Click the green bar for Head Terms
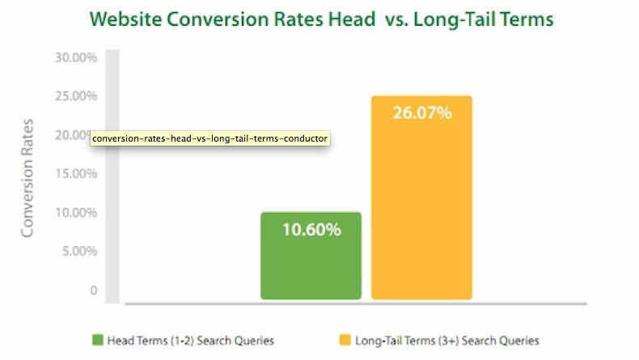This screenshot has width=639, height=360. [x=311, y=256]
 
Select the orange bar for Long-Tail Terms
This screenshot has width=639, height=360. [x=421, y=197]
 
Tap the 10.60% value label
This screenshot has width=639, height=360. [x=311, y=230]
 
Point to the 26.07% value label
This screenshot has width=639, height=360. [x=422, y=113]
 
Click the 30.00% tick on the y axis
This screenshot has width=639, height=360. [x=76, y=57]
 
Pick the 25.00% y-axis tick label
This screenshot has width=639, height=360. [x=76, y=96]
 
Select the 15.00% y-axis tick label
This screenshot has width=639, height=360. [x=76, y=174]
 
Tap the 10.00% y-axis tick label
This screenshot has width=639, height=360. [x=76, y=213]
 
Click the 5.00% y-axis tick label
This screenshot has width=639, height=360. [x=79, y=251]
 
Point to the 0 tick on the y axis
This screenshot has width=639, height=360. [x=94, y=290]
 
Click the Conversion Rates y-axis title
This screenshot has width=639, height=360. [x=27, y=178]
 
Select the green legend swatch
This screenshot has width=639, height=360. [x=98, y=340]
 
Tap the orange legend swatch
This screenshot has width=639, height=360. [x=345, y=340]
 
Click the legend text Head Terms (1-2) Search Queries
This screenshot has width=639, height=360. [x=191, y=341]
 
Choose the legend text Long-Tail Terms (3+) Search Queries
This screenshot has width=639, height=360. [x=447, y=341]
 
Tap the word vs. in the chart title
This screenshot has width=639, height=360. [x=396, y=20]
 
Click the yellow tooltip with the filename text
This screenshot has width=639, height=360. [x=209, y=138]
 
